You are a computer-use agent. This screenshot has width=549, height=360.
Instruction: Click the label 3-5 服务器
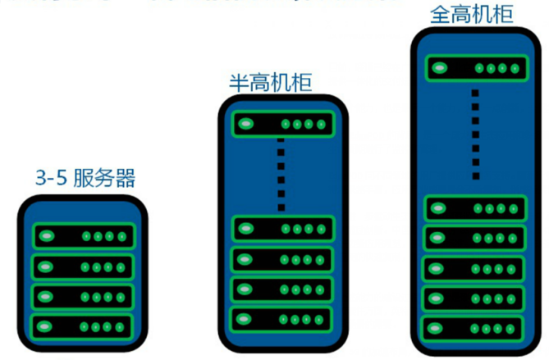coord(85,177)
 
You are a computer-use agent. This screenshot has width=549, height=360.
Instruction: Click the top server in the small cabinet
coord(83,236)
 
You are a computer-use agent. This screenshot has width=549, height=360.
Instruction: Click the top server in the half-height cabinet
coord(281,125)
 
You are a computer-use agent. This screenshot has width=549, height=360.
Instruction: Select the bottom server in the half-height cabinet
coord(281,317)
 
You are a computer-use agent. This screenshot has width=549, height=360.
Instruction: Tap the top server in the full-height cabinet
coord(474,69)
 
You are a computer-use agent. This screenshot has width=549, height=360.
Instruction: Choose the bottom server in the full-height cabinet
coord(474,328)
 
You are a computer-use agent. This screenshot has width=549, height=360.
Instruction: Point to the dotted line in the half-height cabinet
coord(281,173)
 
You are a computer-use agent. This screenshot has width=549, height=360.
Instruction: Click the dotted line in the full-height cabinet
coord(474,134)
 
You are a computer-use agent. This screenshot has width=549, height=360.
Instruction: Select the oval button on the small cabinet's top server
coord(47,236)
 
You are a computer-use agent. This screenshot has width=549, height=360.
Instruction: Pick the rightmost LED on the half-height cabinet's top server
coord(321,125)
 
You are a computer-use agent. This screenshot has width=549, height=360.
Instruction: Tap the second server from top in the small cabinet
coord(83,267)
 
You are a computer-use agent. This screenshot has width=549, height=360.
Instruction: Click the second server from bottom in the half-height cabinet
coord(281,289)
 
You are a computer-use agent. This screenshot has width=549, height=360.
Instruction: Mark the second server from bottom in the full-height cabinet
coord(474,298)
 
